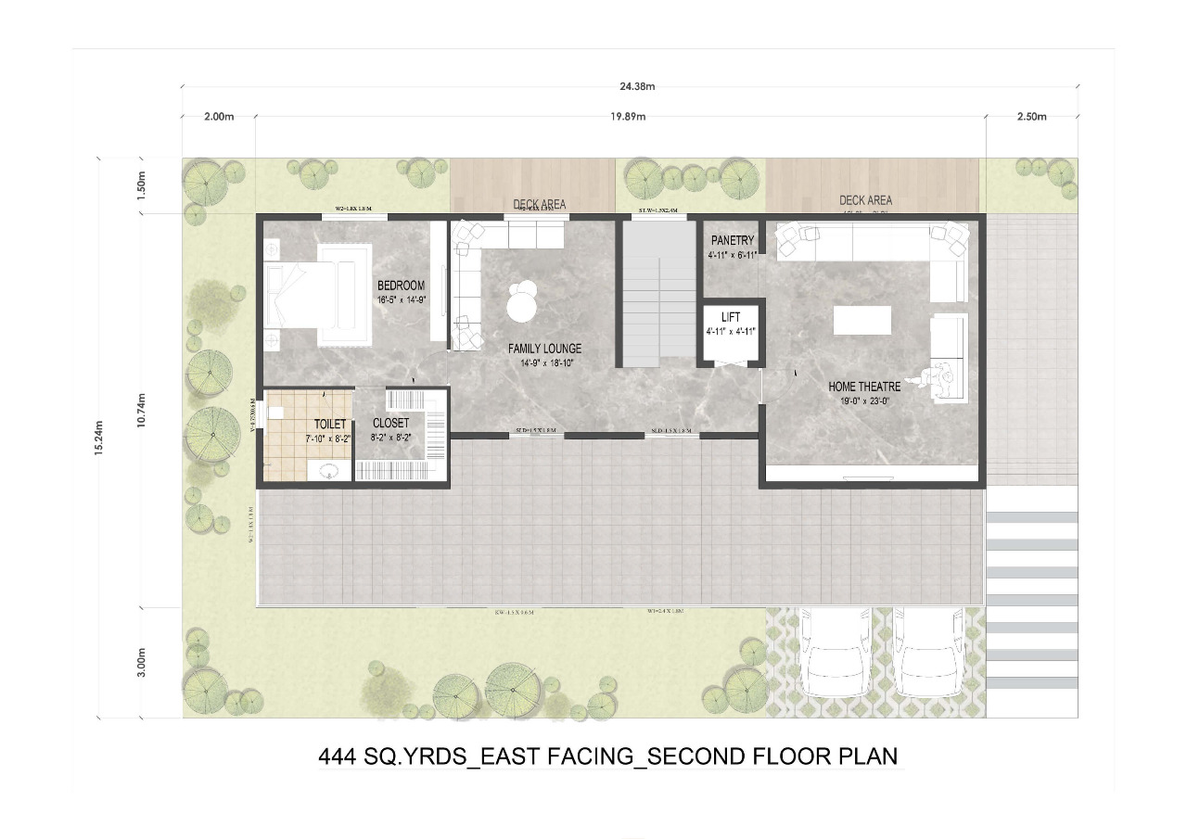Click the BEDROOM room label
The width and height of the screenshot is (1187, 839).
coord(401,285)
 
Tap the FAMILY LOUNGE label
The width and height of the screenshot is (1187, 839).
coord(544,349)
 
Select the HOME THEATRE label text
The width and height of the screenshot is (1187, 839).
coord(864,387)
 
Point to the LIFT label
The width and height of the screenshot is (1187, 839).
coord(730,317)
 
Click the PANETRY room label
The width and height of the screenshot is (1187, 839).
coord(732,240)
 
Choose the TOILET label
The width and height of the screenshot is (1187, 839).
coord(329,424)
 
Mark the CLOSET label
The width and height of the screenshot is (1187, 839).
coord(390,424)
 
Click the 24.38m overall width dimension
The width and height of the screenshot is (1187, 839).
coord(637,86)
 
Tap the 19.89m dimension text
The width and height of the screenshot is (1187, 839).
coord(628,117)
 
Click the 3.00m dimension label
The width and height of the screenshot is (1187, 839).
coord(141,663)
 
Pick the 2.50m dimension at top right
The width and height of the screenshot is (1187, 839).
coord(1030,117)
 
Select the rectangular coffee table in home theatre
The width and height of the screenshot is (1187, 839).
coord(862,320)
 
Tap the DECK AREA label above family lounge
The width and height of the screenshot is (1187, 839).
coord(539,204)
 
